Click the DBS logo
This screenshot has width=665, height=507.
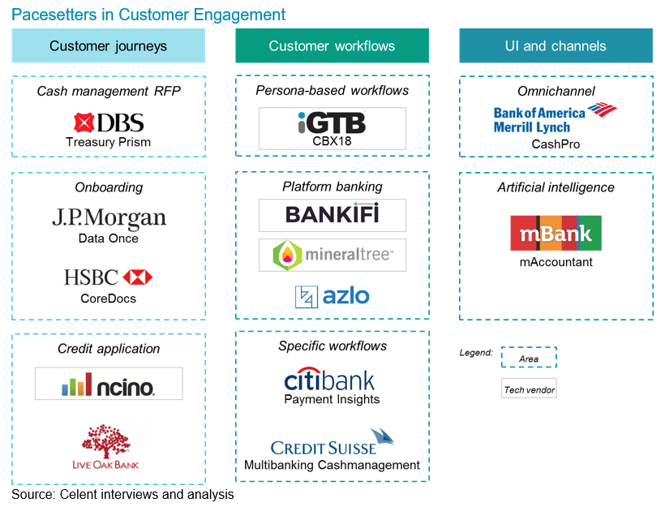tap(108, 122)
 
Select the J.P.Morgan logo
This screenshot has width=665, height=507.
tap(109, 219)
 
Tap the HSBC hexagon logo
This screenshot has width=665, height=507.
tap(138, 277)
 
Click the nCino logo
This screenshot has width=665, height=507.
tap(109, 385)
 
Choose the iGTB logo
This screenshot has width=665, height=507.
tap(332, 123)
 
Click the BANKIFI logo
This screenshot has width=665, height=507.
tap(332, 216)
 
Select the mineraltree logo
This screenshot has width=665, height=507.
tap(332, 255)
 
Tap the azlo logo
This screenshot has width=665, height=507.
tap(332, 296)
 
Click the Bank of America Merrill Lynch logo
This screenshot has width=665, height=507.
tap(555, 118)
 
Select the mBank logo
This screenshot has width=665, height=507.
tap(556, 233)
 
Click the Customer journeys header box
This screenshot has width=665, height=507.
tap(108, 46)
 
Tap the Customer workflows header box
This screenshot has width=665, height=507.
tap(332, 46)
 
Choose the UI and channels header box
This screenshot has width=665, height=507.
tap(556, 46)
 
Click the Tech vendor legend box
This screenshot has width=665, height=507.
tap(529, 390)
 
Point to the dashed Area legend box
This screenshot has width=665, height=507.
tap(529, 358)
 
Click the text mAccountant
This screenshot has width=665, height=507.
tap(556, 262)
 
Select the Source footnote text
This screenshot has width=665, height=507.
tap(122, 494)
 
